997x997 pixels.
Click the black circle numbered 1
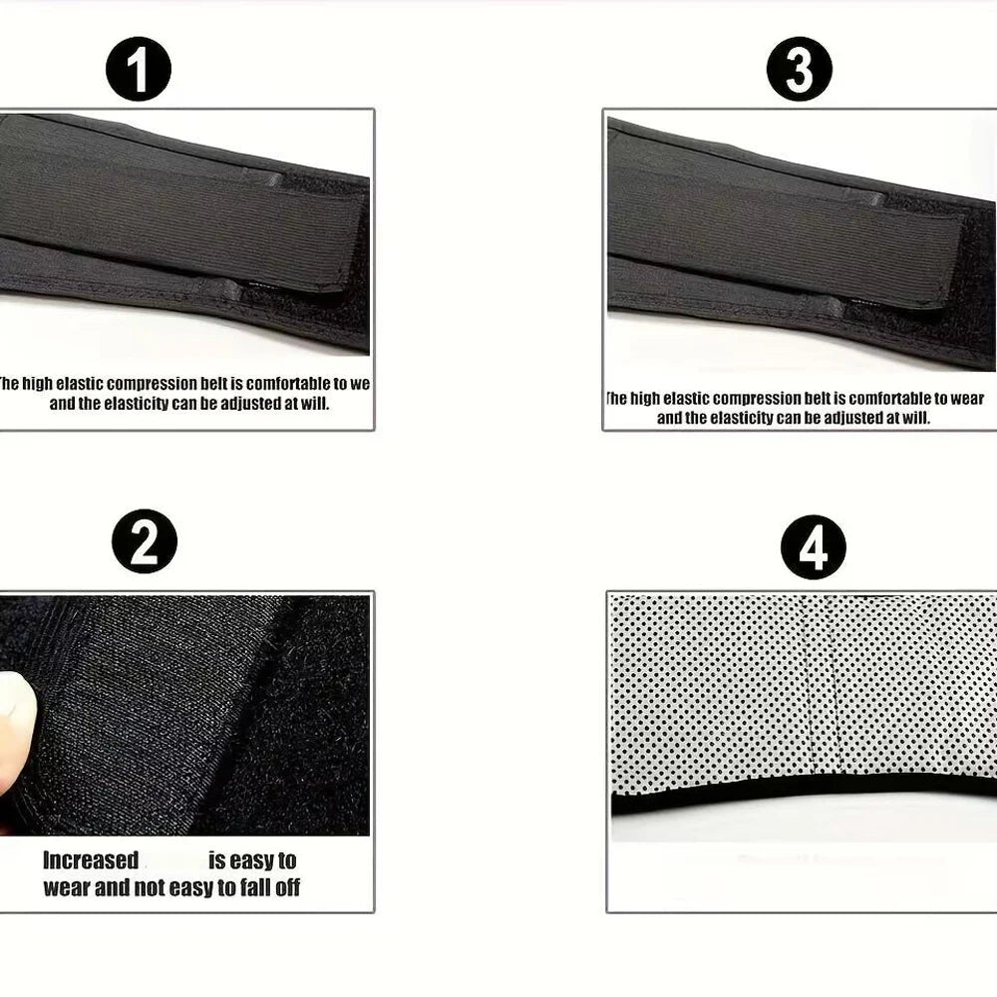[139, 70]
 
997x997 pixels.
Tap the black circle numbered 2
[145, 541]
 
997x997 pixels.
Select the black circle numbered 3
[799, 70]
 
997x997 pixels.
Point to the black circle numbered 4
[814, 547]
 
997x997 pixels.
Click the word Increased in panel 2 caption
[91, 860]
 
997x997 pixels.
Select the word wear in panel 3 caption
[961, 399]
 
